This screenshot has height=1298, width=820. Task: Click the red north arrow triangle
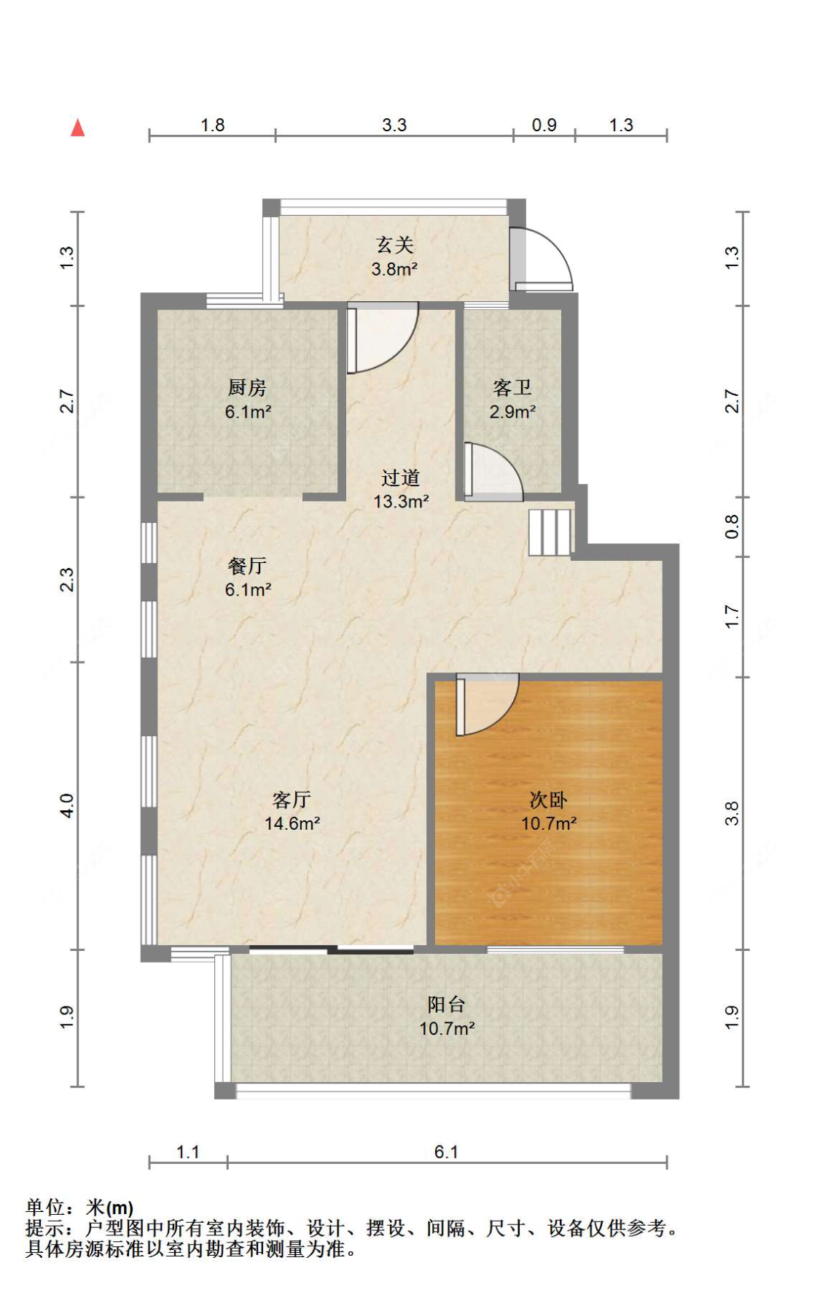[x=77, y=128]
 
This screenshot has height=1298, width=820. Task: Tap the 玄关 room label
[x=394, y=245]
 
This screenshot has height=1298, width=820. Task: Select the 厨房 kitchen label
[x=247, y=387]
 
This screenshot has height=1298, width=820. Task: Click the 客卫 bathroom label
[x=512, y=387]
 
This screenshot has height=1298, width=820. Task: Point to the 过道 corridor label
[x=400, y=478]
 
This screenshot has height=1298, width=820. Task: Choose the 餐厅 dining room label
[x=247, y=565]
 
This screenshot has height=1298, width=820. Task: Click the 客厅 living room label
[x=292, y=800]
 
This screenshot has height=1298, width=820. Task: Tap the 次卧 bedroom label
[x=548, y=800]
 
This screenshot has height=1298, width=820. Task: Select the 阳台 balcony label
[x=446, y=1004]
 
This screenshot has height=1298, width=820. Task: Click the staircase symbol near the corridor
[x=550, y=532]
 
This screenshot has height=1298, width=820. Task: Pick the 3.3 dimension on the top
[x=394, y=125]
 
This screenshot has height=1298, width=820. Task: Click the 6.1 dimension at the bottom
[x=446, y=1152]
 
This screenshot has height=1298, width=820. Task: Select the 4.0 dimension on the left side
[x=66, y=806]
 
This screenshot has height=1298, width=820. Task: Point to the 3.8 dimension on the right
[x=732, y=813]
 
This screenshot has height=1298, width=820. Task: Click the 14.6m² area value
[x=292, y=824]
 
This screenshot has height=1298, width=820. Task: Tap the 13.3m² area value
[x=401, y=502]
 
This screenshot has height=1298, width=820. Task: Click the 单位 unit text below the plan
[x=45, y=1208]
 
